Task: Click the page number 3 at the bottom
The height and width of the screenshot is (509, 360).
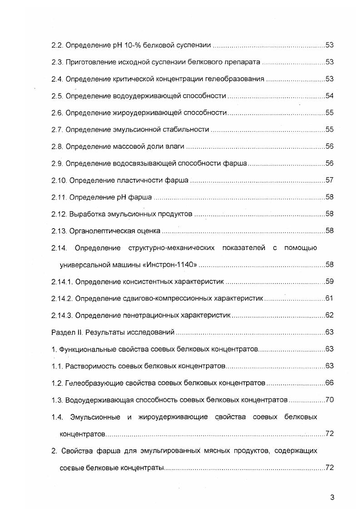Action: [332, 497]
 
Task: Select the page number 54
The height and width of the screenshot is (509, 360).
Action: [330, 96]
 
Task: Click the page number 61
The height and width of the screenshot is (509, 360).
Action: [330, 298]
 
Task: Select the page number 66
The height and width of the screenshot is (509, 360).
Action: [330, 383]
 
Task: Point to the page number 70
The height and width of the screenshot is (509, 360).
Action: [330, 400]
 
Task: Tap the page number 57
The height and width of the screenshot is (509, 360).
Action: [330, 180]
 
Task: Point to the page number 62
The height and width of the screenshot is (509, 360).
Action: [330, 315]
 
